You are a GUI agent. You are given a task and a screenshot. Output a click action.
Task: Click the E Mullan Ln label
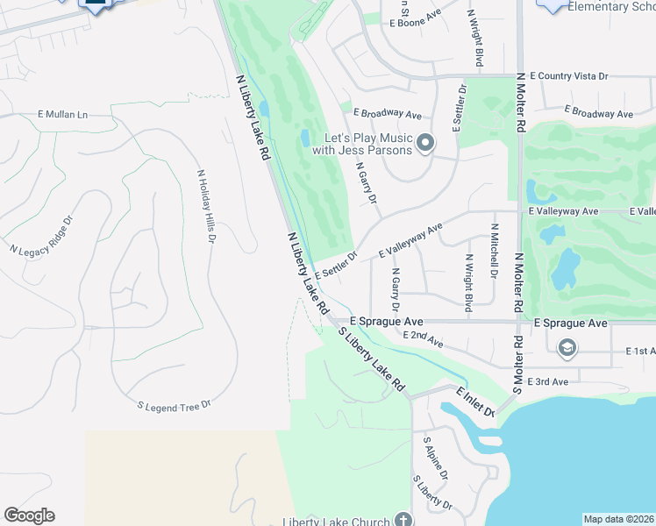(63, 115)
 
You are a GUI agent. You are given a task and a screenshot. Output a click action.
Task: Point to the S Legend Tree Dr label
(176, 406)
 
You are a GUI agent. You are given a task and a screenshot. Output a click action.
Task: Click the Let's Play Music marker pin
(425, 143)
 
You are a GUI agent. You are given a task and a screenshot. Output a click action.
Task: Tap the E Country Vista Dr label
(569, 77)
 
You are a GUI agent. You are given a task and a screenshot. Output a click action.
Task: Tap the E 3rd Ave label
(549, 381)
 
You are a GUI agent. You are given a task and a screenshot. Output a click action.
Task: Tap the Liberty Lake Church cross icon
(403, 519)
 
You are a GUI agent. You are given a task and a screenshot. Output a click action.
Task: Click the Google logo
(29, 515)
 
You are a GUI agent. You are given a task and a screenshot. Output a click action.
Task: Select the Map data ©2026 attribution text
(619, 519)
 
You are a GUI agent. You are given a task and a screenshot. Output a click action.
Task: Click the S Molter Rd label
(519, 364)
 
